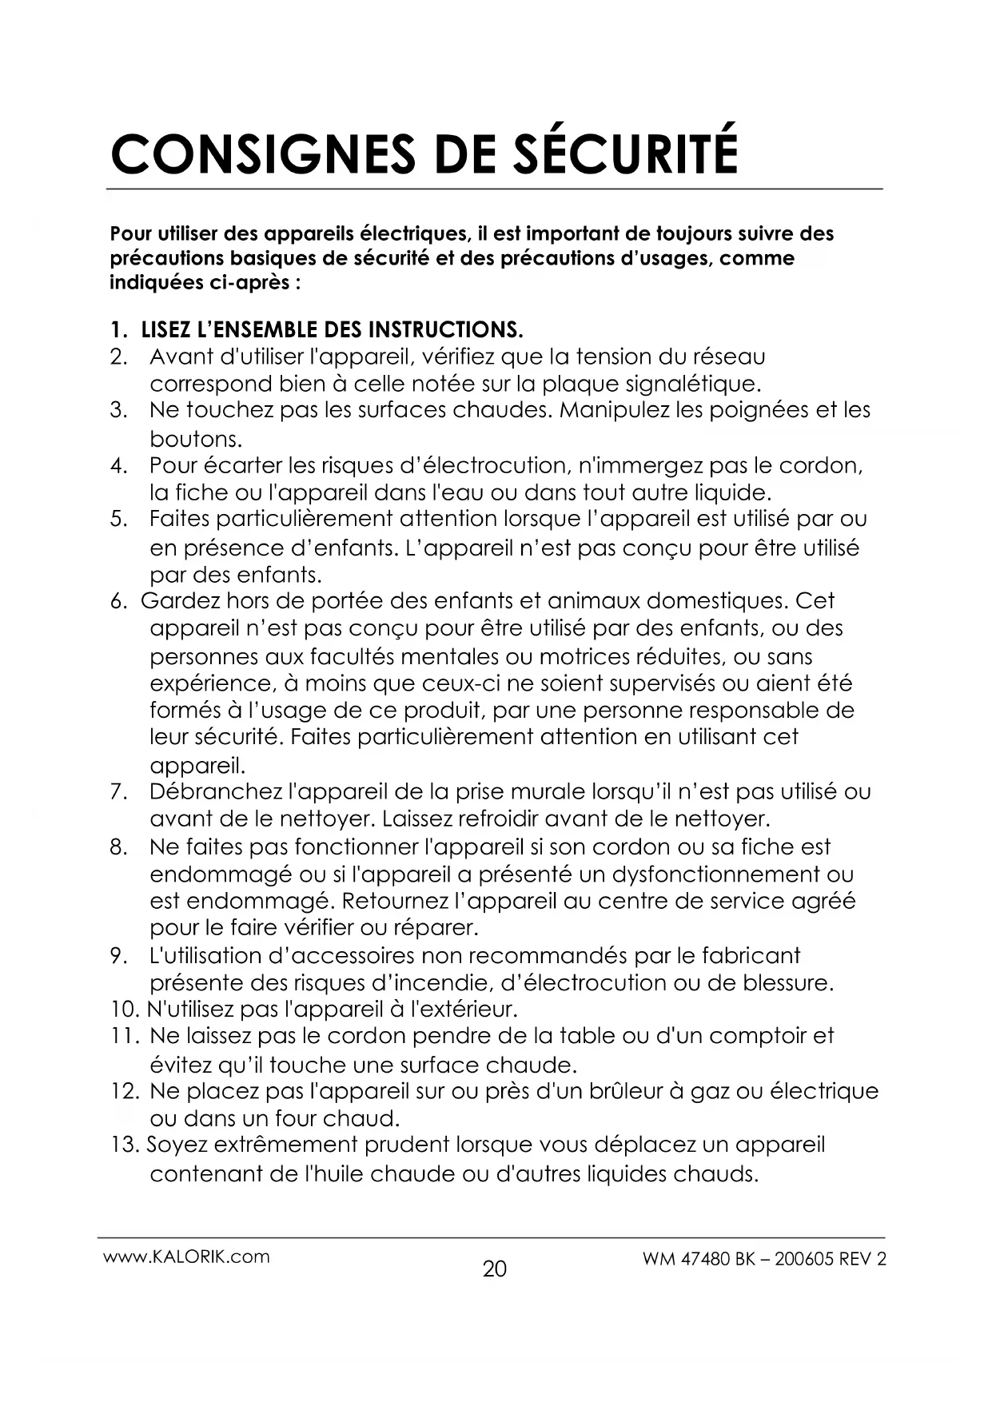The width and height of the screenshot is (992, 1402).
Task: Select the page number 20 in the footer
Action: click(x=495, y=1269)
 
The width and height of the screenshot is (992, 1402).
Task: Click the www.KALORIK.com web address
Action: click(x=186, y=1257)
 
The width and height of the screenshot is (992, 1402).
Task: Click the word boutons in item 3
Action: click(x=194, y=439)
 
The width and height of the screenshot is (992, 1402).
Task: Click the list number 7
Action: click(x=119, y=792)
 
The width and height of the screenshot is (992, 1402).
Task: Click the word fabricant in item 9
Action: click(x=751, y=955)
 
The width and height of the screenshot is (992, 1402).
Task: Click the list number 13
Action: click(x=125, y=1145)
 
